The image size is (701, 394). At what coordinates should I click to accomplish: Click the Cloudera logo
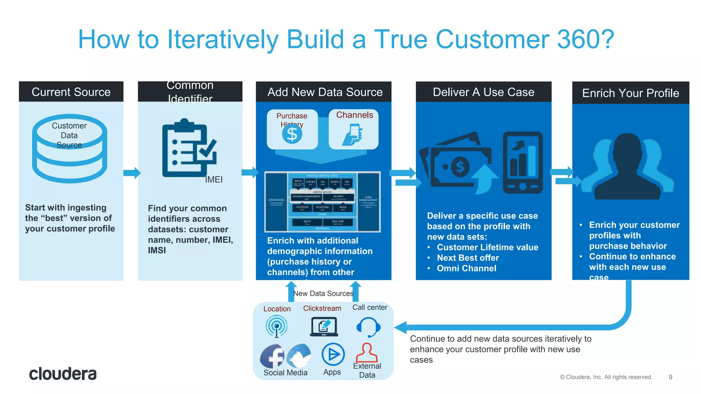63,373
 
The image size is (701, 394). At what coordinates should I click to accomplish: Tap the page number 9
670,377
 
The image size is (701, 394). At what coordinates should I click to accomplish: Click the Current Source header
71,92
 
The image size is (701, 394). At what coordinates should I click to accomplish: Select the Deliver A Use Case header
483,92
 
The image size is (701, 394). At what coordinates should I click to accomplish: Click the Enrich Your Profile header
630,93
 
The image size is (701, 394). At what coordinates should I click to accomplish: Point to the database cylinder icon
69,149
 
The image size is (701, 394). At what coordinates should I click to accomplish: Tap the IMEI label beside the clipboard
214,180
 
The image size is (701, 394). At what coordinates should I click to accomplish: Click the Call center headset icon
368,327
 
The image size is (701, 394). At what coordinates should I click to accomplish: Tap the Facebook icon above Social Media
272,356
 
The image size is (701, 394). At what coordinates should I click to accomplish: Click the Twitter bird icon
299,356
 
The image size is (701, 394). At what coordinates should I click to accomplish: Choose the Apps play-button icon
333,354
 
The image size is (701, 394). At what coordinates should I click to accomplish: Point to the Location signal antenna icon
277,326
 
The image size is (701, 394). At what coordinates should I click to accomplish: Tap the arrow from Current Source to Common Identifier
132,173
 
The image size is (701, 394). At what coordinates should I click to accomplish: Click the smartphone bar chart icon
522,163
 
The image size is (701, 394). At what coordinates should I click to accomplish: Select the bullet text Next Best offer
468,258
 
